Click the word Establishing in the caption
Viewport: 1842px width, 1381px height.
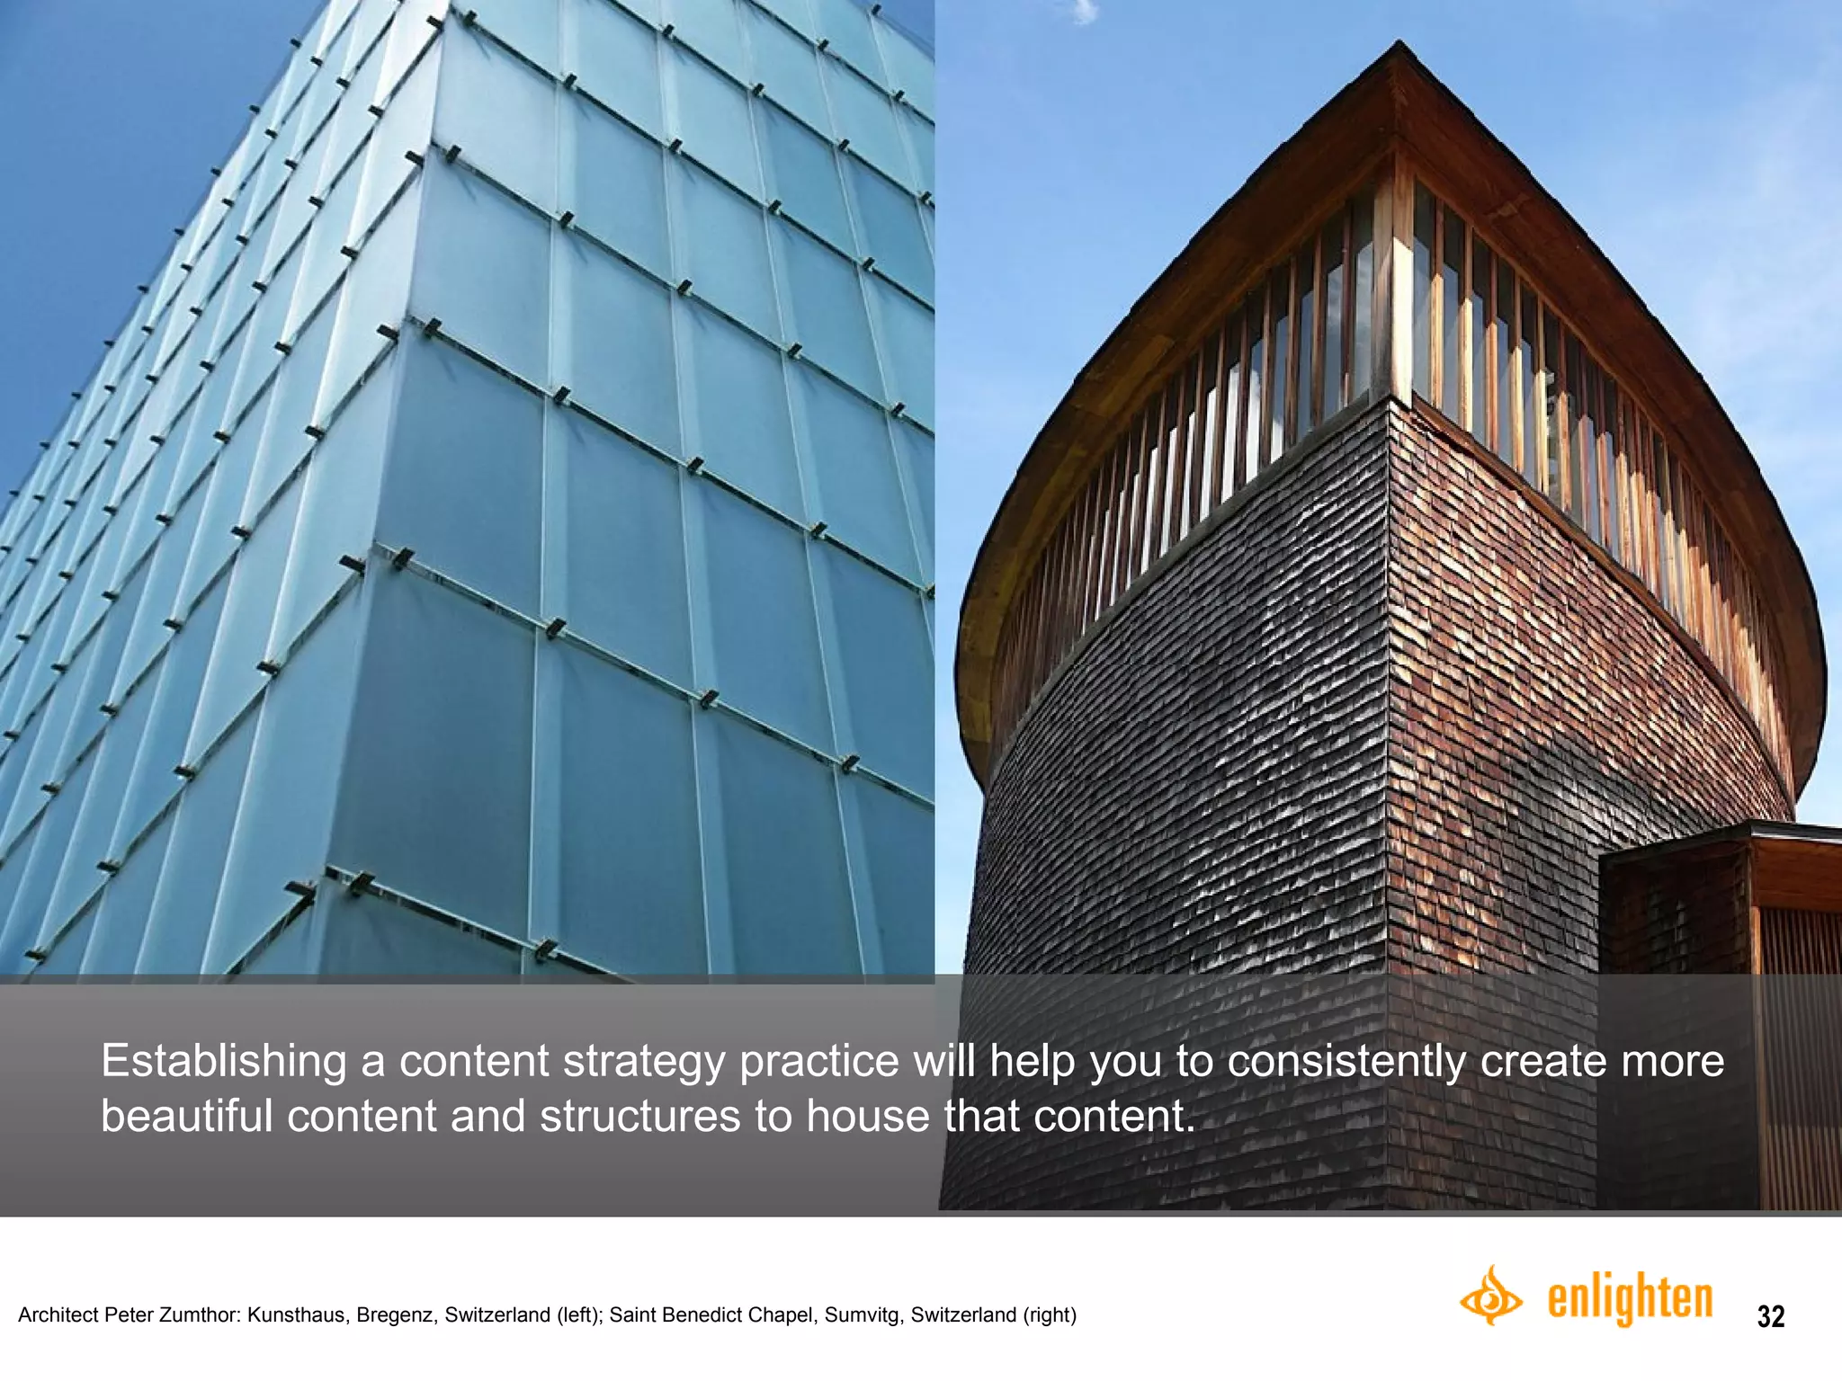click(x=223, y=1062)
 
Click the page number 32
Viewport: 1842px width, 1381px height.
click(x=1770, y=1316)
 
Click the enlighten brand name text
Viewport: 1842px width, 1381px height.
click(x=1630, y=1299)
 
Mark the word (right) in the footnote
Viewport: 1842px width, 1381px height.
click(x=1049, y=1315)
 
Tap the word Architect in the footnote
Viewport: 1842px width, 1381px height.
click(x=57, y=1315)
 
